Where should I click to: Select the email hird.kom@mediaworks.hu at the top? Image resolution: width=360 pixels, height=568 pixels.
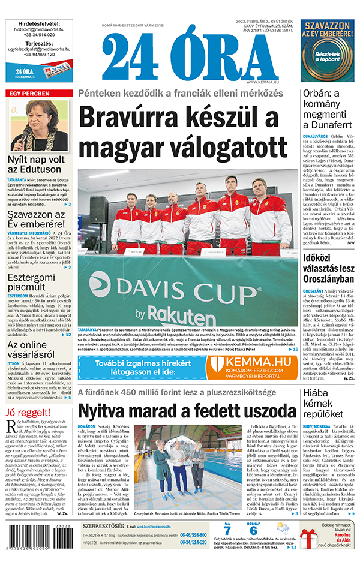click(x=39, y=29)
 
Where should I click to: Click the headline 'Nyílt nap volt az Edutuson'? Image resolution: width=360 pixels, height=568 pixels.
click(x=36, y=165)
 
